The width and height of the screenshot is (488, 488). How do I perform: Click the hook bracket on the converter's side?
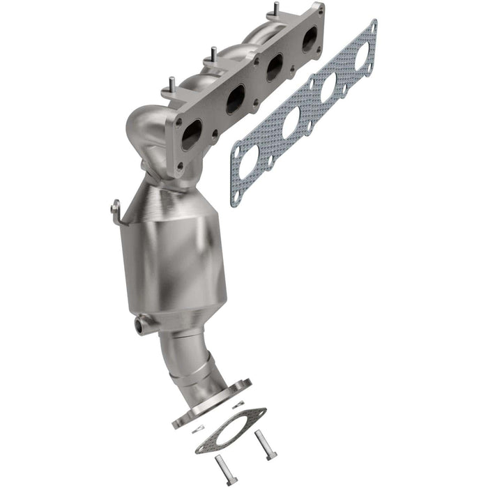(x=116, y=208)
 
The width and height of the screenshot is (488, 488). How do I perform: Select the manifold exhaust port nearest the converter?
(x=191, y=135)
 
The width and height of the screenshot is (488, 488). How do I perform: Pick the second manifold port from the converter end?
(x=236, y=99)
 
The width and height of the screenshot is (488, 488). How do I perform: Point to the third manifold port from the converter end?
(x=274, y=68)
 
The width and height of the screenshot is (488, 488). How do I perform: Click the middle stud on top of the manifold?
(x=208, y=55)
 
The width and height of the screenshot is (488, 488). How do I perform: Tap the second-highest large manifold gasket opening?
(x=328, y=88)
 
